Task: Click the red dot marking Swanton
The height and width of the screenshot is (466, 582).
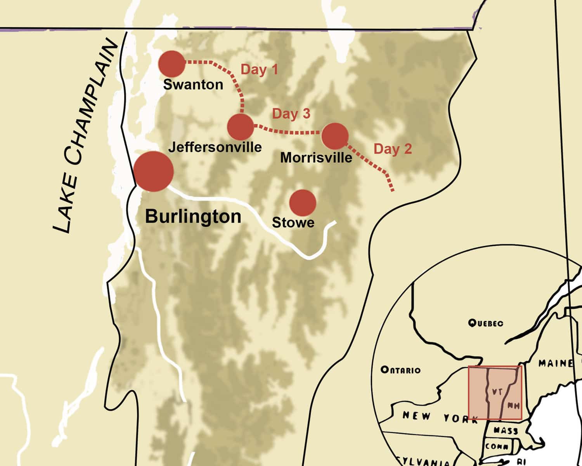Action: (172, 64)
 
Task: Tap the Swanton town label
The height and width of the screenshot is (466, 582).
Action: (193, 84)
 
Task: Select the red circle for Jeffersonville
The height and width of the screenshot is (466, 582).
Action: (240, 127)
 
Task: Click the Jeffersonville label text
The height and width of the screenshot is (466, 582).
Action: (215, 147)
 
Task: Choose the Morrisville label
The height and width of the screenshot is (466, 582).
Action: (316, 157)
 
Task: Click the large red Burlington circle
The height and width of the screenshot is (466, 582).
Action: (153, 171)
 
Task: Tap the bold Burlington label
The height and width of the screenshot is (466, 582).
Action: (193, 216)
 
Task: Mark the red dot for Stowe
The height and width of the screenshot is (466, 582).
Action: (303, 203)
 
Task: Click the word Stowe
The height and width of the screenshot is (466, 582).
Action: (293, 223)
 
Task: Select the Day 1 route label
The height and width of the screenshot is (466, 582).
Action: (260, 70)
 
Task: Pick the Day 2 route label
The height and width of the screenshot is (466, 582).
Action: (392, 149)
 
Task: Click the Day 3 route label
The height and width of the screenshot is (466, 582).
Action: (291, 114)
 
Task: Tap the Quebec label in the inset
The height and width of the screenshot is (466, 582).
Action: (485, 323)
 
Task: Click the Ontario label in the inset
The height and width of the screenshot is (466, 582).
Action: (400, 370)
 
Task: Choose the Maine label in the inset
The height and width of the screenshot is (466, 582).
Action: (555, 363)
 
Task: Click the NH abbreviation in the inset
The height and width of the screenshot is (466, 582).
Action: (513, 406)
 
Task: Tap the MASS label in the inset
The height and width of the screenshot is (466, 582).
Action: (506, 431)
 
